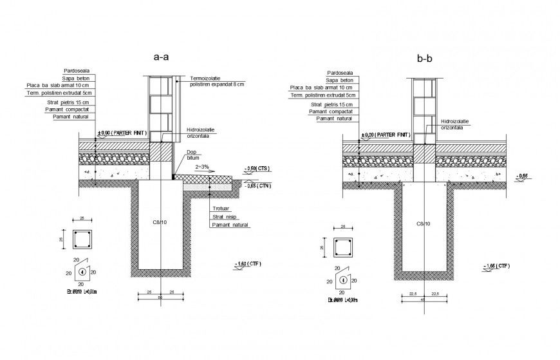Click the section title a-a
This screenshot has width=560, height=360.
click(161, 57)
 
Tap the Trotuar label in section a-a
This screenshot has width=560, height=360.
click(219, 209)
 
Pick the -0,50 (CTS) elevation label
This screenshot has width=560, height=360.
click(257, 169)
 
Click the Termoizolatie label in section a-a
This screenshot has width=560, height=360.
click(206, 78)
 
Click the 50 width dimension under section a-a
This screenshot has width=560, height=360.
click(160, 298)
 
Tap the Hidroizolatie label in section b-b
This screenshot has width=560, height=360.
click(454, 121)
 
